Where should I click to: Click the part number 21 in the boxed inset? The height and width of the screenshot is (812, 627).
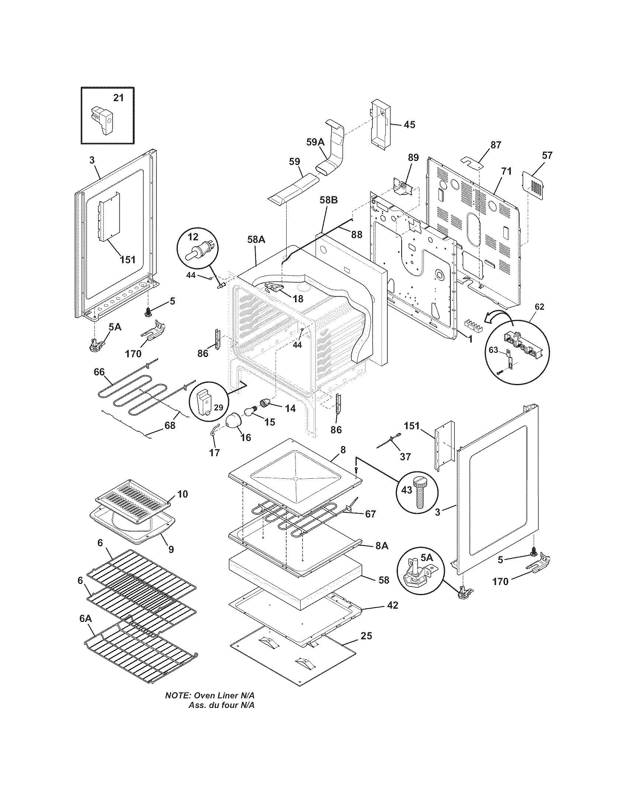coord(118,98)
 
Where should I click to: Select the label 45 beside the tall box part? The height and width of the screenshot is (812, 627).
coord(409,124)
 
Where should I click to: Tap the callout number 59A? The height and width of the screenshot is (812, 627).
coord(315,142)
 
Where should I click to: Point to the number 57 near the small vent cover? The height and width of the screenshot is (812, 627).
coord(547,155)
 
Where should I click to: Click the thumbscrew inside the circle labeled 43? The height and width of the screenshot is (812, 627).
coord(419,491)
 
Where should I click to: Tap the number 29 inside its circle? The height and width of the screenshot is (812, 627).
coord(218,407)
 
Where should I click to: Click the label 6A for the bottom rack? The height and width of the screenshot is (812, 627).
coord(86,619)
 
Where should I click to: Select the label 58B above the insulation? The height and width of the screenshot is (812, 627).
coord(329,200)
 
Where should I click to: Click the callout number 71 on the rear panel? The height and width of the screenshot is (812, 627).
coord(506,171)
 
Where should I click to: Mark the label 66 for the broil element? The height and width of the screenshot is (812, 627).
coord(99,372)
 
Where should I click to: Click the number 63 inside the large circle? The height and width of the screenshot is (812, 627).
coord(493,350)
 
